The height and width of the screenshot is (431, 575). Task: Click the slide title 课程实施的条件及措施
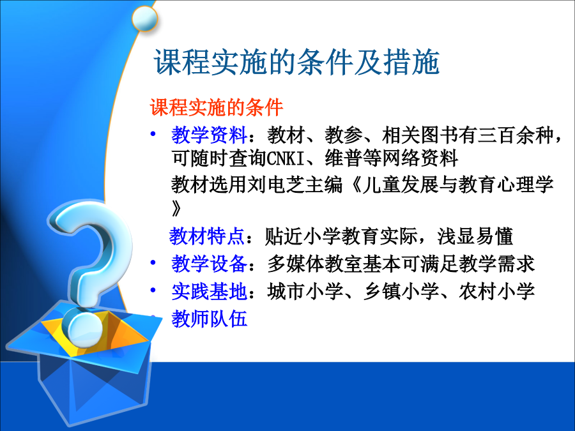(296, 63)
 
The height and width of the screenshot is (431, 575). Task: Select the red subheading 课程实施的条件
(217, 108)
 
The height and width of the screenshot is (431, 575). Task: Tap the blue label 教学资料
(210, 135)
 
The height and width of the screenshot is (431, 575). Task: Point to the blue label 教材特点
(206, 236)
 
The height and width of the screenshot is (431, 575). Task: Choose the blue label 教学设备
(210, 264)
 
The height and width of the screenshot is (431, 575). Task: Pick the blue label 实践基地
(210, 291)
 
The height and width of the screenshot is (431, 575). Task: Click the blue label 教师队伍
(210, 319)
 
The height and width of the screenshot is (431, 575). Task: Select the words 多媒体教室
(315, 264)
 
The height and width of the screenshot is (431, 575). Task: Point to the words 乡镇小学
(401, 291)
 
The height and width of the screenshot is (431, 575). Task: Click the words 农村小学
(496, 291)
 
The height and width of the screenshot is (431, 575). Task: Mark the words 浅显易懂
(475, 236)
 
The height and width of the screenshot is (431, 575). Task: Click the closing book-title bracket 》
(176, 208)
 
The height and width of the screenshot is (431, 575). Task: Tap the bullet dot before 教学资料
(153, 134)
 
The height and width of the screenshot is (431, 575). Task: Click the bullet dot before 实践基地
(153, 291)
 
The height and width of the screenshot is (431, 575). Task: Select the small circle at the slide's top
(144, 19)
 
